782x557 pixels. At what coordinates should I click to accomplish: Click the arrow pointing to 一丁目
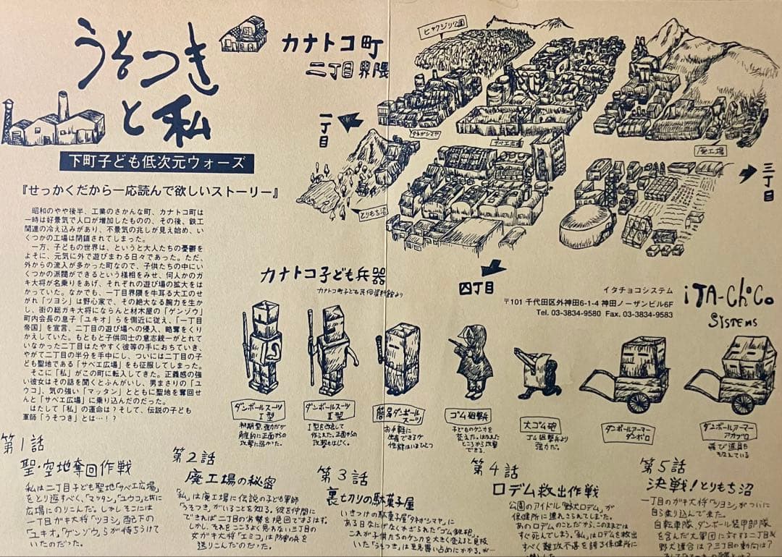(x=350, y=122)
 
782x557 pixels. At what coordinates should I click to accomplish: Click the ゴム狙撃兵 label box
(x=468, y=415)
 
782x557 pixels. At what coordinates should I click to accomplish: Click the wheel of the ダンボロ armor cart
(x=638, y=401)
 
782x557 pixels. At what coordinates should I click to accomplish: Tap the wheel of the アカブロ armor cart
(x=742, y=401)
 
